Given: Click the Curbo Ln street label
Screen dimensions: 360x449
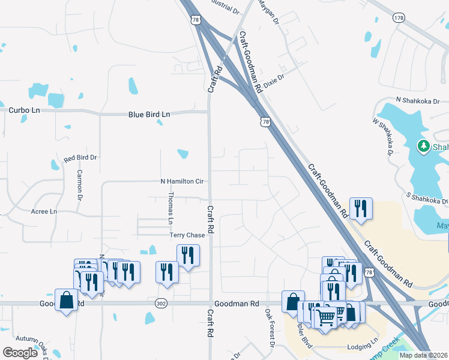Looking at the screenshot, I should click(24, 110).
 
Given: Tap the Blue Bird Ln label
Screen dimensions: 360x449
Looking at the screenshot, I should click(149, 114).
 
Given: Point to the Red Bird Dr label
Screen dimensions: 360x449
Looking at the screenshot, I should click(80, 158).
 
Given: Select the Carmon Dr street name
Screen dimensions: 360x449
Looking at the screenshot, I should click(79, 185).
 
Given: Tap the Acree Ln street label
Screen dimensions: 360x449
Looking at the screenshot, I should click(44, 212).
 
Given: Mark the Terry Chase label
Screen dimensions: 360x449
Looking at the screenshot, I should click(187, 235).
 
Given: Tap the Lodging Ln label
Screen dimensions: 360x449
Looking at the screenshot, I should click(363, 347).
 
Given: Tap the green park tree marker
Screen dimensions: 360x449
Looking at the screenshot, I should click(423, 146).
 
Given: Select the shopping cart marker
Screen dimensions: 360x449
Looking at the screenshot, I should click(325, 317).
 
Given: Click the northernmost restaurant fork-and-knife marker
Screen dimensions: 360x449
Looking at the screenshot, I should click(361, 208).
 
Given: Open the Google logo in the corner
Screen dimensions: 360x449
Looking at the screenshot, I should click(19, 353).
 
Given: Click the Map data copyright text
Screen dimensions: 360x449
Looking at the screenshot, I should click(423, 355).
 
